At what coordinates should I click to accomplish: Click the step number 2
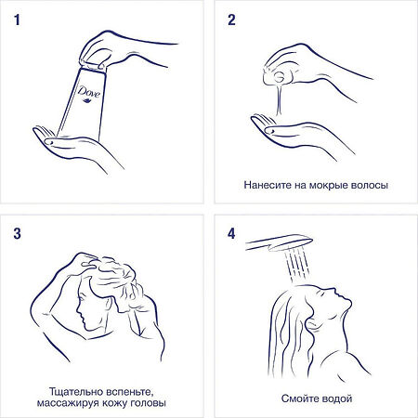(232, 18)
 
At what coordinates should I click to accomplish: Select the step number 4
(232, 232)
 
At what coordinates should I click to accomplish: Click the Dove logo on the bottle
(88, 94)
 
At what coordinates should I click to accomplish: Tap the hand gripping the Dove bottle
(130, 46)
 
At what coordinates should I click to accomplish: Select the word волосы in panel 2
(364, 185)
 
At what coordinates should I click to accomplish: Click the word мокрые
(322, 185)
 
